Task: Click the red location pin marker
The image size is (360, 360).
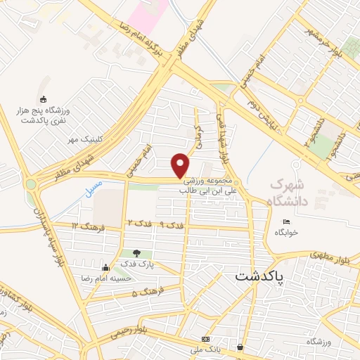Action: pyautogui.click(x=181, y=165)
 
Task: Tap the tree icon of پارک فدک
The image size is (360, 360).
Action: pyautogui.click(x=136, y=253)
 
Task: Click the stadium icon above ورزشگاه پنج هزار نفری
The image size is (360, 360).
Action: pyautogui.click(x=44, y=99)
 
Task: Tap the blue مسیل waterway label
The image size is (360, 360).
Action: pyautogui.click(x=92, y=189)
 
